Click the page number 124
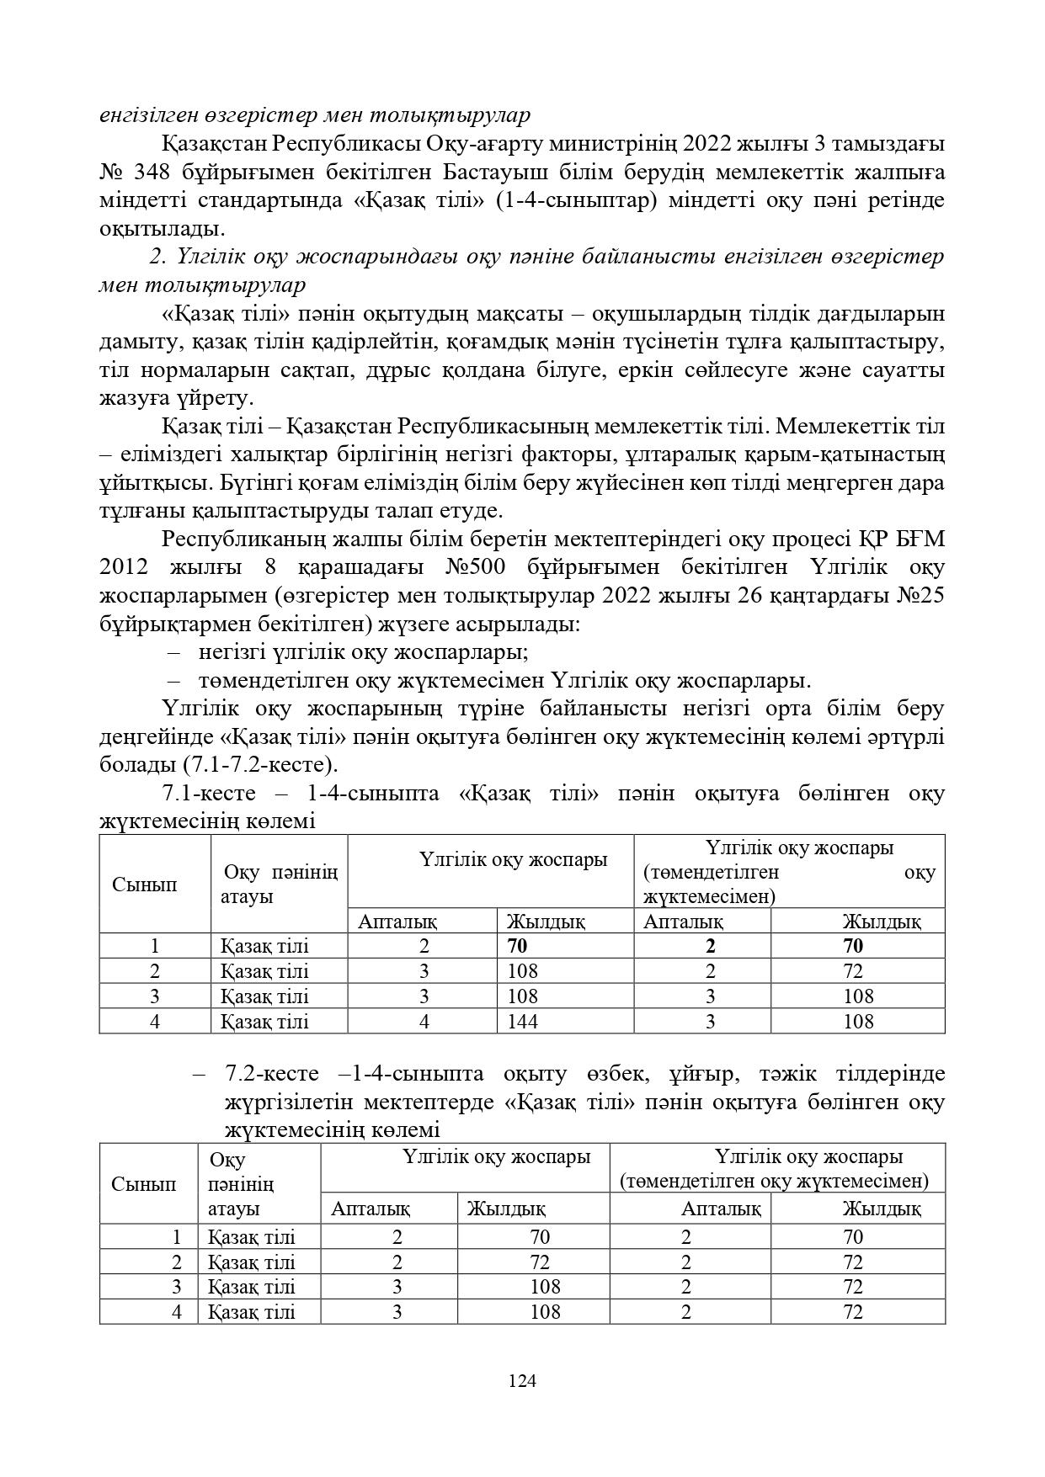point(522,1380)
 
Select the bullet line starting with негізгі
point(363,652)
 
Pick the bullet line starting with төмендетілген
point(504,681)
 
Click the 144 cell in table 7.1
point(522,1022)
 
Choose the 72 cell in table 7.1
point(852,971)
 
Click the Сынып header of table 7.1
point(144,885)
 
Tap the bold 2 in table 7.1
point(711,946)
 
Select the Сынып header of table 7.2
point(144,1183)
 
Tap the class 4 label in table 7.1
point(155,1022)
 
